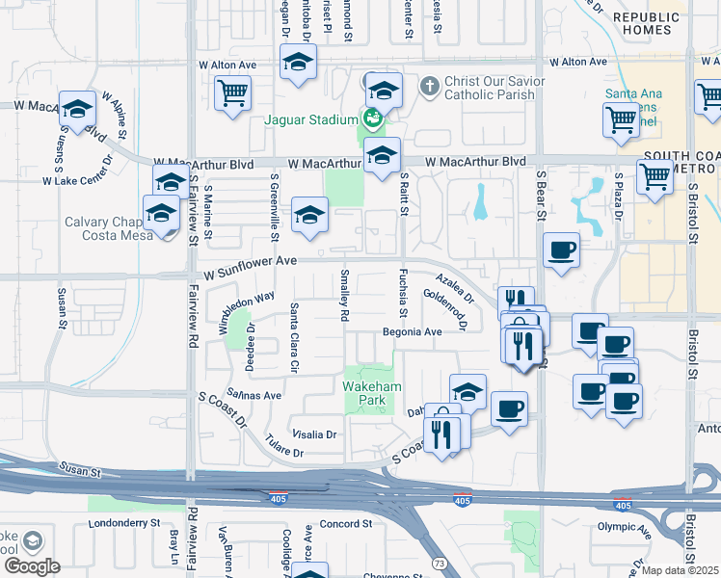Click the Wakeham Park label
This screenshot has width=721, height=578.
(x=366, y=393)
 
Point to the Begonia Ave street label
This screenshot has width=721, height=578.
(x=412, y=331)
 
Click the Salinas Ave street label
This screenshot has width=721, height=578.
(x=254, y=395)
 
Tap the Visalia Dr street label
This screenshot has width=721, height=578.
(x=317, y=434)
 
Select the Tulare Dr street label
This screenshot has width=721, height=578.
(x=284, y=452)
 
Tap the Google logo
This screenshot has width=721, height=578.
(x=31, y=566)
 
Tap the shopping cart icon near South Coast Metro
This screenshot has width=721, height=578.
(x=655, y=177)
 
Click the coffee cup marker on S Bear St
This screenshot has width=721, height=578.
(x=561, y=251)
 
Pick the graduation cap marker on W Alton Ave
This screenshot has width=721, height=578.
(x=299, y=64)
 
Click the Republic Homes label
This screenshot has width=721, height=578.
(x=648, y=24)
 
